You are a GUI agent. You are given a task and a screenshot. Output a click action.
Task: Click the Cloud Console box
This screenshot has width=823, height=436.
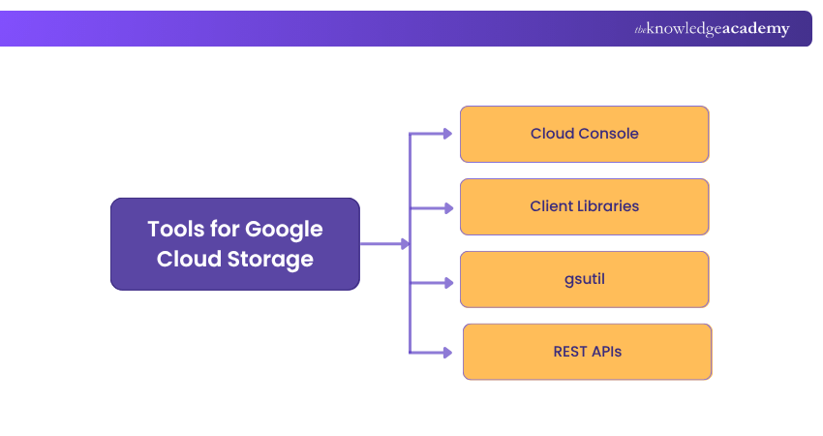pyautogui.click(x=584, y=134)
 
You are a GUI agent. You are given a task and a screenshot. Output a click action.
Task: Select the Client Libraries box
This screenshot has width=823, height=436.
pyautogui.click(x=584, y=206)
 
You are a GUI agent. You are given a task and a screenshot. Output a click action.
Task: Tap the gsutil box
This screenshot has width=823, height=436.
pyautogui.click(x=584, y=279)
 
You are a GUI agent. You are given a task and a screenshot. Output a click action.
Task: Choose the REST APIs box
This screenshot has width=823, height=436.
pyautogui.click(x=587, y=352)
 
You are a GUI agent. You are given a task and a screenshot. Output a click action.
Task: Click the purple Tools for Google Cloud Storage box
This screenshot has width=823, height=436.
pyautogui.click(x=234, y=244)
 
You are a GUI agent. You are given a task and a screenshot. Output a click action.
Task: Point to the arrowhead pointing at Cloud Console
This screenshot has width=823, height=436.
pyautogui.click(x=447, y=134)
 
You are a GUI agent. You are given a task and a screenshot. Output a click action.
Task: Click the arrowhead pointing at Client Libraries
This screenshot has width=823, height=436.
pyautogui.click(x=447, y=207)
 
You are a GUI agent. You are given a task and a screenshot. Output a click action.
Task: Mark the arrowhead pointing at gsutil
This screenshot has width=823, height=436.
pyautogui.click(x=447, y=283)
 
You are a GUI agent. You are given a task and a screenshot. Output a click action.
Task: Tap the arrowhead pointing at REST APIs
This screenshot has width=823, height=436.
pyautogui.click(x=447, y=353)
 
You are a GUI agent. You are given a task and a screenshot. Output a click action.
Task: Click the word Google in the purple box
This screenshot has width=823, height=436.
pyautogui.click(x=284, y=230)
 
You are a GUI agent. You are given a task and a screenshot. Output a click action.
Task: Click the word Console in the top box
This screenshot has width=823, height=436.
pyautogui.click(x=608, y=134)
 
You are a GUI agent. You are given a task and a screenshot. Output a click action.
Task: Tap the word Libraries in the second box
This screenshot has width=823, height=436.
pyautogui.click(x=608, y=206)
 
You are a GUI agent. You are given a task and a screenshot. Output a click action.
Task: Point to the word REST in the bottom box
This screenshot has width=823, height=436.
pyautogui.click(x=570, y=352)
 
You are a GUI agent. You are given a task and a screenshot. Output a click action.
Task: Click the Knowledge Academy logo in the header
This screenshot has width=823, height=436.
pyautogui.click(x=712, y=29)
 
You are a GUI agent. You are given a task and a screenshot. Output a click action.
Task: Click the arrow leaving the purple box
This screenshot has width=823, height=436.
pyautogui.click(x=383, y=244)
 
